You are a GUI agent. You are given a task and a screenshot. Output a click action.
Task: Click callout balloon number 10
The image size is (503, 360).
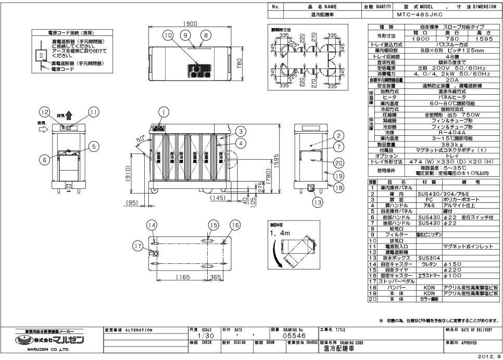pyautogui.click(x=167, y=35)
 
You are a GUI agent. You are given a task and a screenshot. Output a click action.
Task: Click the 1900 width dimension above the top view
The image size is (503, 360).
pyautogui.click(x=188, y=24)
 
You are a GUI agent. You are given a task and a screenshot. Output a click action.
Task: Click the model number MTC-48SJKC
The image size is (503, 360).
pyautogui.click(x=421, y=15)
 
